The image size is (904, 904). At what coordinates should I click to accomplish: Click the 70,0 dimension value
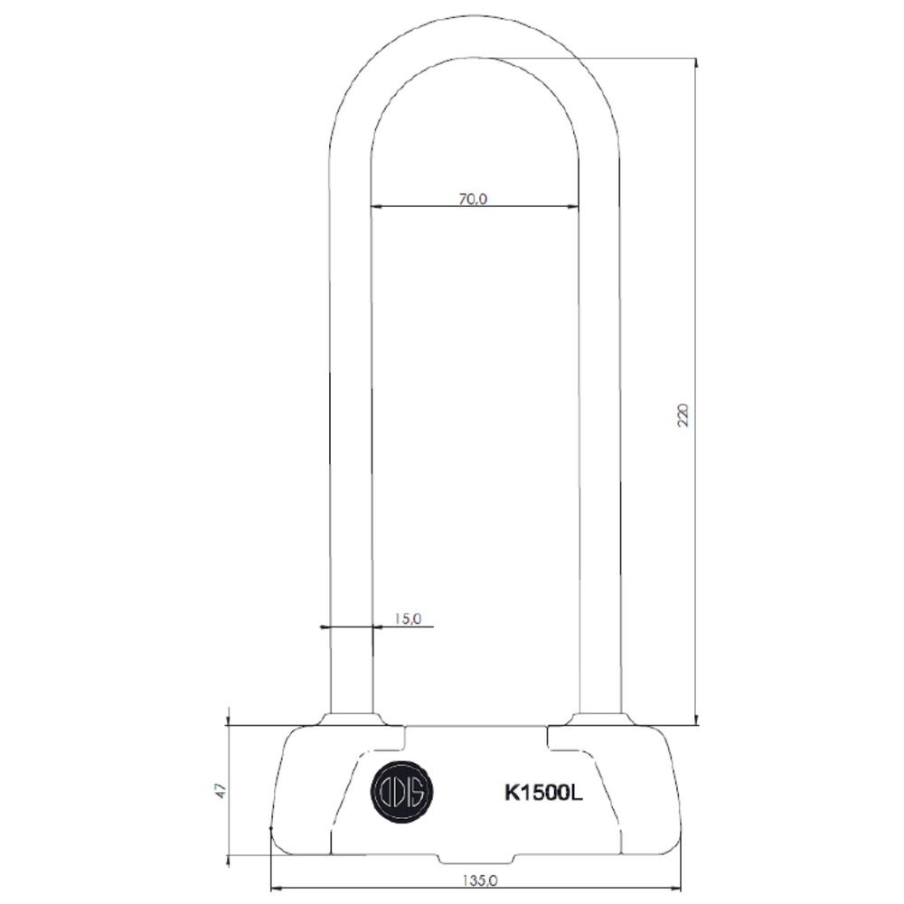coord(472,200)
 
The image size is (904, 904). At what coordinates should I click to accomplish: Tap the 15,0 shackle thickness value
coord(407,618)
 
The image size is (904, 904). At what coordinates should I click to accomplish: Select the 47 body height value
coord(217,788)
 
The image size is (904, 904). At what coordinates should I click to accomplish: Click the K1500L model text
coord(542,794)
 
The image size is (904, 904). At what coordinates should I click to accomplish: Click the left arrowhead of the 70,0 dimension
coord(377,207)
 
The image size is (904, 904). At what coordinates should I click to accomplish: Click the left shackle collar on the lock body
coord(349,719)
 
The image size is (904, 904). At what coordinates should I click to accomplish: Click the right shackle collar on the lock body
coord(599,719)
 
